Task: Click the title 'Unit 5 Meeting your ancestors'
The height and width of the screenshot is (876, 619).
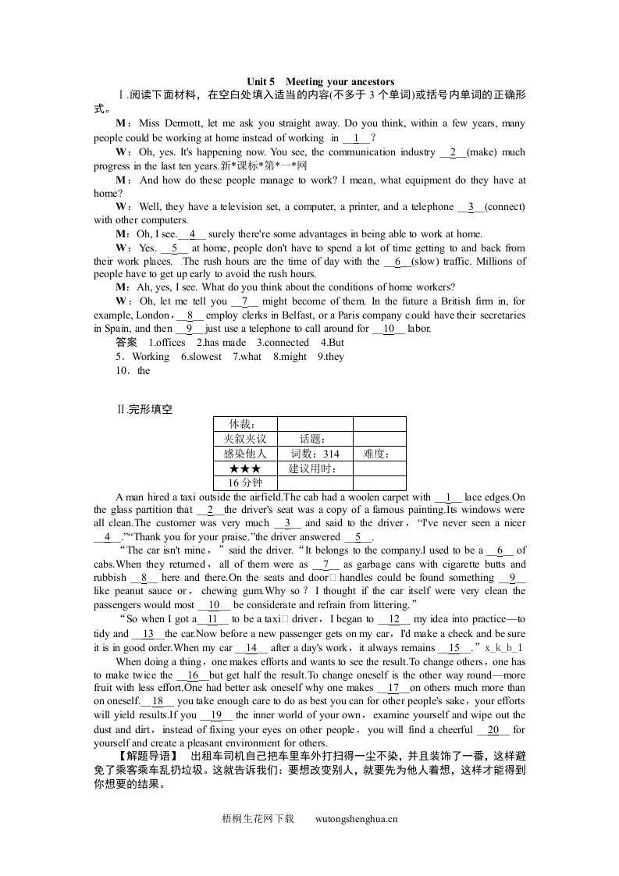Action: pos(320,82)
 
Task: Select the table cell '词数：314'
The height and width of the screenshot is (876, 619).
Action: pos(315,454)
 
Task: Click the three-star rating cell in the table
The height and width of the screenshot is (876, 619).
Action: pos(244,468)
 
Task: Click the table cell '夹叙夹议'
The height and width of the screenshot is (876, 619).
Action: pos(244,439)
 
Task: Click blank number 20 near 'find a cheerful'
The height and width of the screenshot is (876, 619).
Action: pos(493,730)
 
